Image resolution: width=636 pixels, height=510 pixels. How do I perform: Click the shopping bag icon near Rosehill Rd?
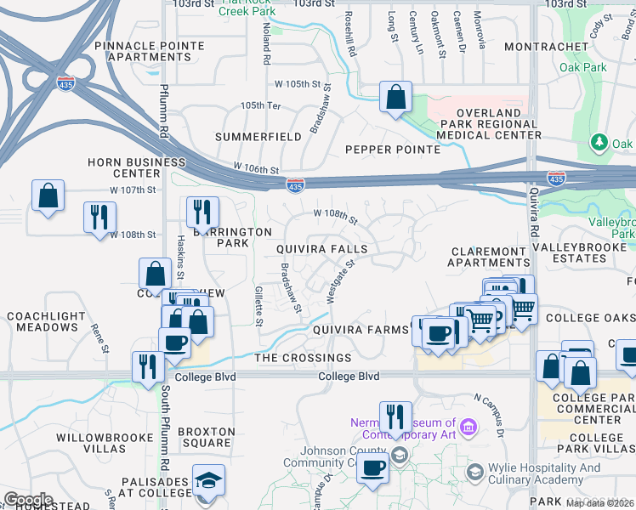point(395,97)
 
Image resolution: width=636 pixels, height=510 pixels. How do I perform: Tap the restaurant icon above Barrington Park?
point(202,213)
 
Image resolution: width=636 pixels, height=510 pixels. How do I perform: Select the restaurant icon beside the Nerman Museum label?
point(395,417)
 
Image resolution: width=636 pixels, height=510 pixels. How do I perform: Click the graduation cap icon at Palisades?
point(208,480)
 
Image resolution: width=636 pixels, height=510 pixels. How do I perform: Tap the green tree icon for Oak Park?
point(599,141)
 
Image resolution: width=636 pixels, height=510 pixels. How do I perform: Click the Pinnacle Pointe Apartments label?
point(143,51)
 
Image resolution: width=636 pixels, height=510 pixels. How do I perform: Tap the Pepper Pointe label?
point(392,150)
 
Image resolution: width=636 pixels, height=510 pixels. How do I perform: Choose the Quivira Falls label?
point(321,250)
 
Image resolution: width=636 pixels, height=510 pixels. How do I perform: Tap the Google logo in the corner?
point(28,499)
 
